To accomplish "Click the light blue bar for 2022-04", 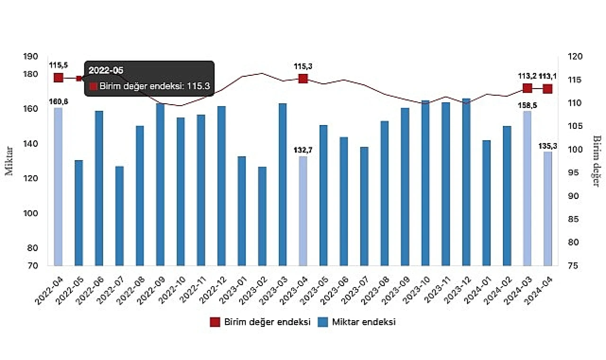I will [58, 187].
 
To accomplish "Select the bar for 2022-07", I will [119, 216].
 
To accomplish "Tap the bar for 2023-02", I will [262, 216].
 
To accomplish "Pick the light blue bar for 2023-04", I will [303, 211].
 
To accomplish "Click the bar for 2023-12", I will [466, 182].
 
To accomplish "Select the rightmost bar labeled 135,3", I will [548, 208].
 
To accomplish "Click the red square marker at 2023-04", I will [303, 79].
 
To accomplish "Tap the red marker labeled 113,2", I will [527, 88].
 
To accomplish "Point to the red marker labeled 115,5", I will [58, 78].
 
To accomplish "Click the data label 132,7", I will [303, 150].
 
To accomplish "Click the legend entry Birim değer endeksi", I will [260, 322].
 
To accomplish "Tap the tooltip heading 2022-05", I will [106, 71].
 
